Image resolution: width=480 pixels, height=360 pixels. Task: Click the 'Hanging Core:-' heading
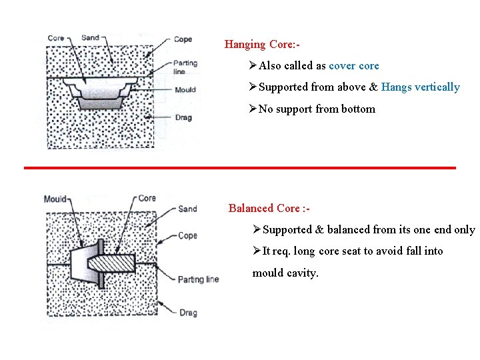tap(262, 45)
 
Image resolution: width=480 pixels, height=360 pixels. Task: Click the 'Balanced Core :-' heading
tap(269, 208)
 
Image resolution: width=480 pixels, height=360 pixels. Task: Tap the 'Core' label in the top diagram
tap(56, 38)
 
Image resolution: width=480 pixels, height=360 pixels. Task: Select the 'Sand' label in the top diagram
tap(90, 37)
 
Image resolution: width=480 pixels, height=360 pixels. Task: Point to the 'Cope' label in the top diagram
tap(182, 39)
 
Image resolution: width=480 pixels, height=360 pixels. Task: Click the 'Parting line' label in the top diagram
tap(185, 67)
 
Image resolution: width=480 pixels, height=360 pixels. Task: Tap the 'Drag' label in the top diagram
tap(183, 118)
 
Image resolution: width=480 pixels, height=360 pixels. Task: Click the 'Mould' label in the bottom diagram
tap(55, 199)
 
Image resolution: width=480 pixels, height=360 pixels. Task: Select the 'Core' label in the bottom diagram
tap(147, 198)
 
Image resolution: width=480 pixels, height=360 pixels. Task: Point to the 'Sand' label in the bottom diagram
tap(187, 209)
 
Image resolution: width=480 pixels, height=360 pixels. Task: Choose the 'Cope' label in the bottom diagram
tap(187, 235)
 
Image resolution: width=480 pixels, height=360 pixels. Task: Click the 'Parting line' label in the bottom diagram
tap(198, 279)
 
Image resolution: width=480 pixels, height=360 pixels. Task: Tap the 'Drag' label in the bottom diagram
tap(187, 312)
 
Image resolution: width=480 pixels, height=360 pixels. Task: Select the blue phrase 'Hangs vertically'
tap(420, 87)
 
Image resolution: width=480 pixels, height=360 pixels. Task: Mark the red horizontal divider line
tap(240, 167)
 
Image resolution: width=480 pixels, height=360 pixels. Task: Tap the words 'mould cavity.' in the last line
tap(285, 273)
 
